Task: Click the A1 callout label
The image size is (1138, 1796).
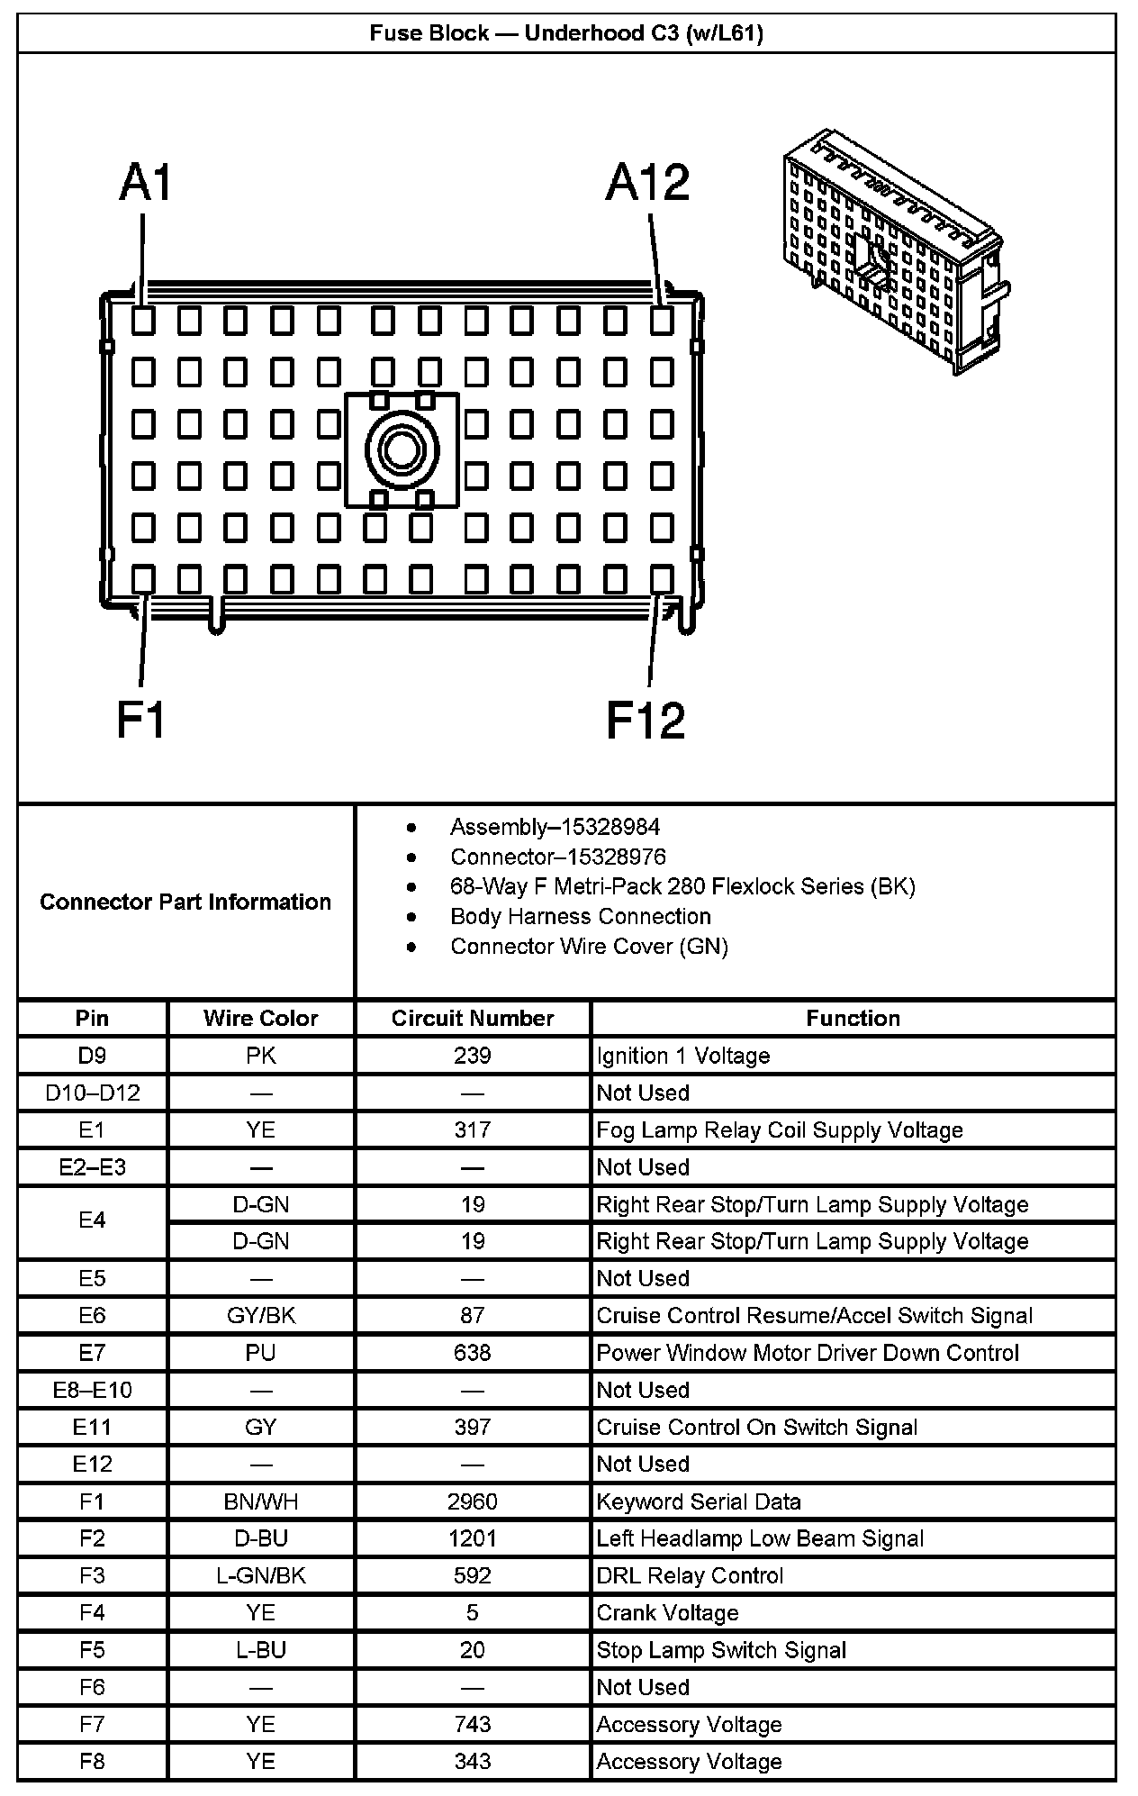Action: (145, 183)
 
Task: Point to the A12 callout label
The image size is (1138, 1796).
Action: (647, 183)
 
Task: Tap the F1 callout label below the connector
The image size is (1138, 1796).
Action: (141, 720)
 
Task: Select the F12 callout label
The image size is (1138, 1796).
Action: (646, 720)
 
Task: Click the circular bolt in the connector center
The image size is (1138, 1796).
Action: (402, 449)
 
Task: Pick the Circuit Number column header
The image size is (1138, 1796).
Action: (473, 1018)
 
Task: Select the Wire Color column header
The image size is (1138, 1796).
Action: (261, 1018)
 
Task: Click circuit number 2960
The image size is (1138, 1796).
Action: (473, 1501)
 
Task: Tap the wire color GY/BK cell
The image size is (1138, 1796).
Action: (261, 1316)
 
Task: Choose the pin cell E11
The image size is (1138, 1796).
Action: (92, 1428)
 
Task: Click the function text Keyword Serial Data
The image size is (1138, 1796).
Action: (699, 1501)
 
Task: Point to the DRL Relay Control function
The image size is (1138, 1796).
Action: (690, 1575)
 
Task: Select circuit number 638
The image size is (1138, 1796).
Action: (473, 1353)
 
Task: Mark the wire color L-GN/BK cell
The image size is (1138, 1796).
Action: (261, 1575)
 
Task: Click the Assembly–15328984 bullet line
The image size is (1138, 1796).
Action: (555, 827)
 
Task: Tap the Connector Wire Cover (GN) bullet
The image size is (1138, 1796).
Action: (589, 946)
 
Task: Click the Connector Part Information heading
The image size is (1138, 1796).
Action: (185, 902)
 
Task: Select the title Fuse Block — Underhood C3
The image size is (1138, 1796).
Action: (566, 33)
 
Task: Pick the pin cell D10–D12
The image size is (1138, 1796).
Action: (92, 1093)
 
